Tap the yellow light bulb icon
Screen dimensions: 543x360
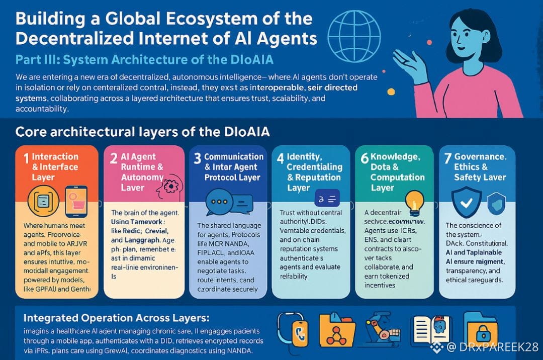[x=415, y=201]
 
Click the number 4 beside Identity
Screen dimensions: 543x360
[x=280, y=158]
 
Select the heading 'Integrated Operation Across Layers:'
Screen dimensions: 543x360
[x=116, y=318]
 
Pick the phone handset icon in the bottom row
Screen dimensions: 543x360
[x=293, y=332]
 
